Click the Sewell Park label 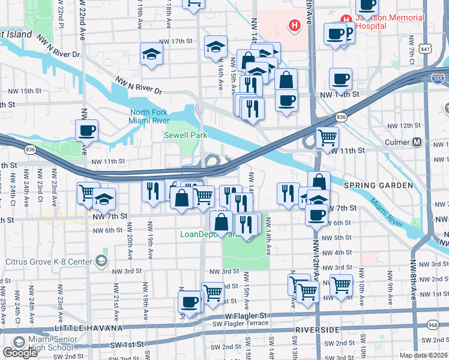point(185,136)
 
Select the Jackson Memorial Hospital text point(389,22)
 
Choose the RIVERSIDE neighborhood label point(319,330)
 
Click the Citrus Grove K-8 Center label point(49,262)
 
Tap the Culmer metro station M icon point(416,143)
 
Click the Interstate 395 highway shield point(439,77)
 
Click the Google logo point(20,353)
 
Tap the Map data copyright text point(424,355)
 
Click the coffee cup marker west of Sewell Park point(87,131)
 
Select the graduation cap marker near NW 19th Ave point(151,55)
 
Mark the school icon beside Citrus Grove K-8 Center point(101,261)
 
